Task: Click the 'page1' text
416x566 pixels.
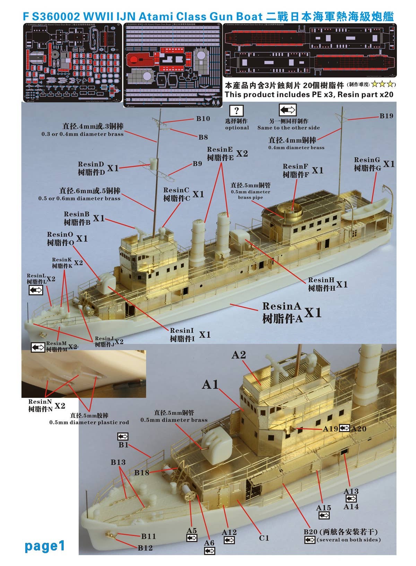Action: pos(45,546)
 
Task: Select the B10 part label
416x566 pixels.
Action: pos(203,119)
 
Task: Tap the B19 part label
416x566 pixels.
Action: pos(387,116)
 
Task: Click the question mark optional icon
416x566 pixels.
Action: pos(236,111)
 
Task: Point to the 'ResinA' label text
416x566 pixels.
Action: pos(281,306)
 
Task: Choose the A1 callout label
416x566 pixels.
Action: pos(210,384)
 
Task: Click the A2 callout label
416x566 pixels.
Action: pos(239,355)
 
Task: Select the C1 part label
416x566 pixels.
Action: pos(264,538)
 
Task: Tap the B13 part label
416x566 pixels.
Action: pos(118,462)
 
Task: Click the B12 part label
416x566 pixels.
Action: pos(145,548)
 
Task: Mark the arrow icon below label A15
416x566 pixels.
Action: pos(324,516)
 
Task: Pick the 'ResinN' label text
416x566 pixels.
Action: pos(40,401)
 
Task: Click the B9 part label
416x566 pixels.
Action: pos(197,164)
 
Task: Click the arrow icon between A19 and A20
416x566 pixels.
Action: pos(345,428)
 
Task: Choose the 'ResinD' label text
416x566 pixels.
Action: pos(91,164)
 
